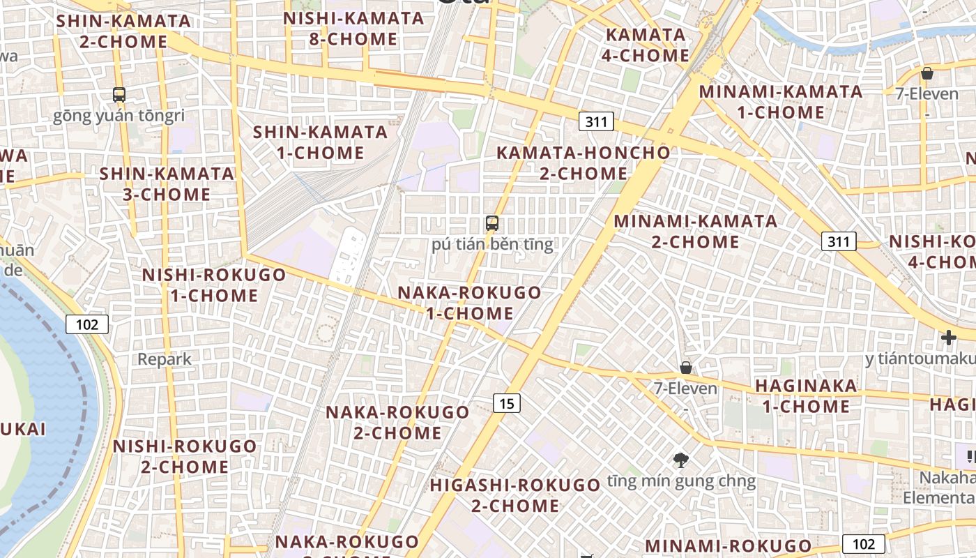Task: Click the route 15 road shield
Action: click(x=507, y=402)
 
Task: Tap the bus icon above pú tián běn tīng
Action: click(x=492, y=223)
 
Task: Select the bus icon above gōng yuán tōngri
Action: click(x=119, y=94)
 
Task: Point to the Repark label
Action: click(x=165, y=359)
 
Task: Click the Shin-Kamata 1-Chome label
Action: click(x=320, y=142)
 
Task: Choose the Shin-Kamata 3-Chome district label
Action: click(x=167, y=183)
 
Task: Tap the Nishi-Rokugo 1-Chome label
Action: click(x=214, y=285)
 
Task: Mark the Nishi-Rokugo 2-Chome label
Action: click(x=185, y=456)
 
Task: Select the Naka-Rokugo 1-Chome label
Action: click(x=469, y=303)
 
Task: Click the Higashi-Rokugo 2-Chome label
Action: click(x=515, y=495)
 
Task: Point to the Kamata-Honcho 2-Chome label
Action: click(x=583, y=163)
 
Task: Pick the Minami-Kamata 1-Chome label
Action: click(x=781, y=102)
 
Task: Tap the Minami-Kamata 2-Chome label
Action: click(x=695, y=232)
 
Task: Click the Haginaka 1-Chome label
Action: click(x=806, y=396)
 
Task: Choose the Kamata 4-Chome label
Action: click(x=646, y=45)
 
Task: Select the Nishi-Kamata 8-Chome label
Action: click(x=353, y=29)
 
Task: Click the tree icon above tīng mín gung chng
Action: click(x=681, y=460)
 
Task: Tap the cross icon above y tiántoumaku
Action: click(x=948, y=338)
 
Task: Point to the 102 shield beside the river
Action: click(x=88, y=324)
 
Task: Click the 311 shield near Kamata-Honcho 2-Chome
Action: click(x=596, y=122)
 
